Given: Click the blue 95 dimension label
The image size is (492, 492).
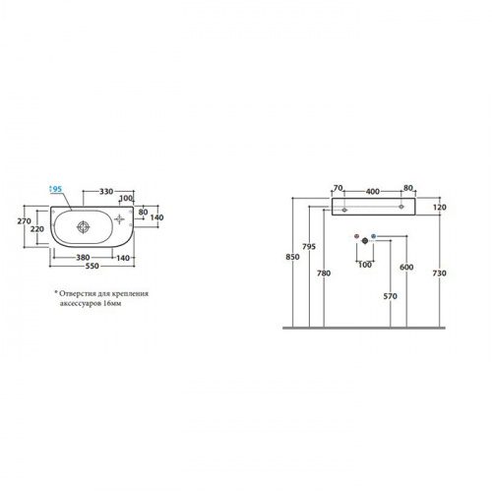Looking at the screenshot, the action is [x=57, y=189].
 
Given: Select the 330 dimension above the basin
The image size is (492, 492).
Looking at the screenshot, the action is [x=106, y=191].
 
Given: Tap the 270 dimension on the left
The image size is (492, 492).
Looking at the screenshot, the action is [x=24, y=221].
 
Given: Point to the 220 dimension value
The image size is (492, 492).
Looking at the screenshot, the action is [x=37, y=229].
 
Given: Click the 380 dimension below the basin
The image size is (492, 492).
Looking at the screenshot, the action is [x=83, y=258].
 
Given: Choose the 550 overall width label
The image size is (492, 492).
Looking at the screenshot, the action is [x=92, y=266].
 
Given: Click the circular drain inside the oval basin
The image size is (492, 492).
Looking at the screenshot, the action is [x=84, y=227].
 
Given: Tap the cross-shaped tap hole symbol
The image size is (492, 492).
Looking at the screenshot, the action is [x=119, y=219].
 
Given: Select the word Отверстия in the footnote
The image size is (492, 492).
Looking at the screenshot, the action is [x=78, y=293].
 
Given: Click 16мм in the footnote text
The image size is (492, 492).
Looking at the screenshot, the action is [x=112, y=303].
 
